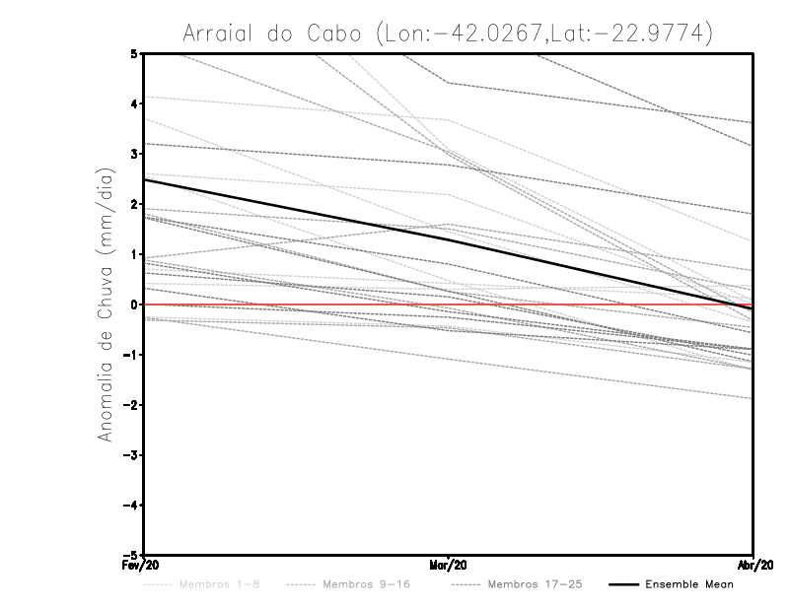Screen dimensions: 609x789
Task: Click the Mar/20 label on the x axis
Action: click(449, 565)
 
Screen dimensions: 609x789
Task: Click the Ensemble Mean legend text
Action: click(689, 584)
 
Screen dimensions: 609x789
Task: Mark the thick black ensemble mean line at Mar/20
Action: click(449, 239)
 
